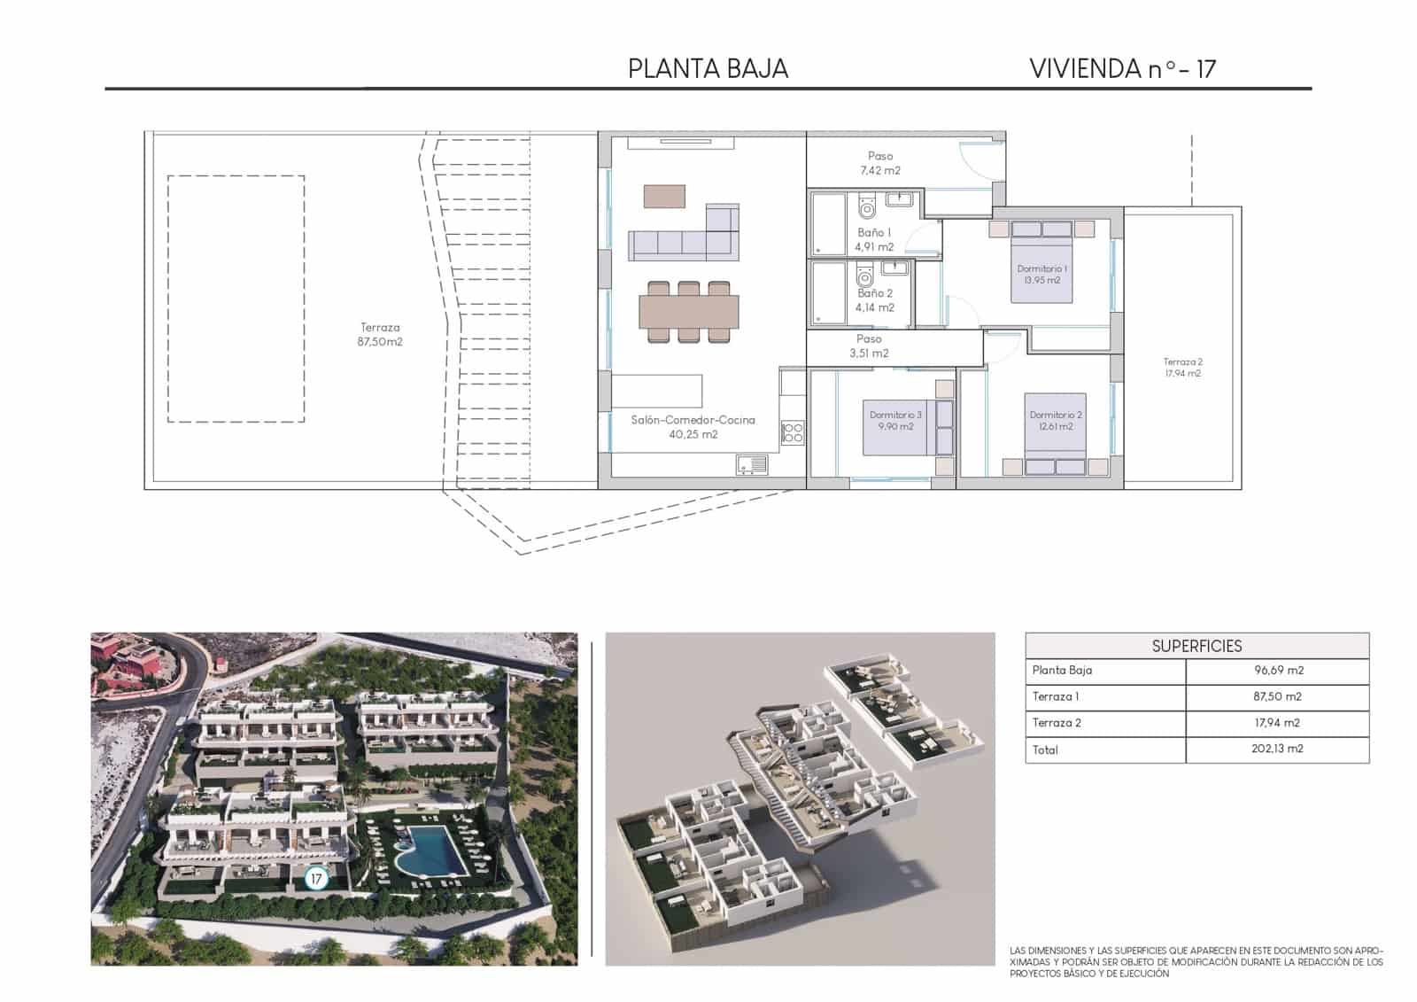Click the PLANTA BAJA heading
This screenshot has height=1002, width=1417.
point(708,69)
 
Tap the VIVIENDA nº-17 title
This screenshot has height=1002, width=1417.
point(1122,69)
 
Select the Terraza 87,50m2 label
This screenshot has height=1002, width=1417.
point(380,335)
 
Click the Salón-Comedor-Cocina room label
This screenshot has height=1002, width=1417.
point(693,427)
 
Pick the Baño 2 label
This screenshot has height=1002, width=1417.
point(875,300)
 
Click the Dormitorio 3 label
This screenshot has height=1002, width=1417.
point(895,421)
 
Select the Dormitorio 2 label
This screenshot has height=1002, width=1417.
point(1056,421)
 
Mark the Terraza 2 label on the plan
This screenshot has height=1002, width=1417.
point(1182,368)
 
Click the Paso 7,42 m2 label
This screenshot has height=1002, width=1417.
point(880,163)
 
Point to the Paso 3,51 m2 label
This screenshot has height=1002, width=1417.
point(869,346)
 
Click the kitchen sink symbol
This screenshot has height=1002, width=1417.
point(751,463)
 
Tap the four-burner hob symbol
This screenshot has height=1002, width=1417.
point(792,433)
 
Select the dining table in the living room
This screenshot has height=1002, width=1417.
point(689,311)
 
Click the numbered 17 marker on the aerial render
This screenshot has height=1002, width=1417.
point(316,879)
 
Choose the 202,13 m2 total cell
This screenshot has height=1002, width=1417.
point(1277,749)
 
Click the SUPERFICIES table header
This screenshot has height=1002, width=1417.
point(1196,646)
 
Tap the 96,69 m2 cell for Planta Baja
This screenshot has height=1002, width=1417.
point(1277,671)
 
